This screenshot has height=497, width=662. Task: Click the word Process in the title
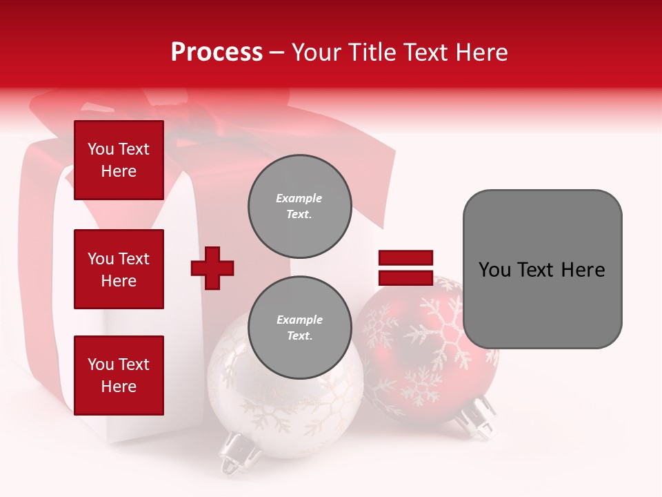217,52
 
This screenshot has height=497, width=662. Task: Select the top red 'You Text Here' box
119,160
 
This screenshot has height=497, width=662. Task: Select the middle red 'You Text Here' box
119,269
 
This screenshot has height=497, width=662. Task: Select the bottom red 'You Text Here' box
119,375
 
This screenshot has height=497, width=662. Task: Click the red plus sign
212,268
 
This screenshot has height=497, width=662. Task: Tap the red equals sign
405,268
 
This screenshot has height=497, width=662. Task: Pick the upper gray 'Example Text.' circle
299,206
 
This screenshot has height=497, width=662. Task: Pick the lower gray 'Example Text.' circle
299,327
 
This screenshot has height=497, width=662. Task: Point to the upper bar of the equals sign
405,258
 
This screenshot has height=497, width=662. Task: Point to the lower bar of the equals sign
405,278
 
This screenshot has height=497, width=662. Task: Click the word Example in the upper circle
299,198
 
